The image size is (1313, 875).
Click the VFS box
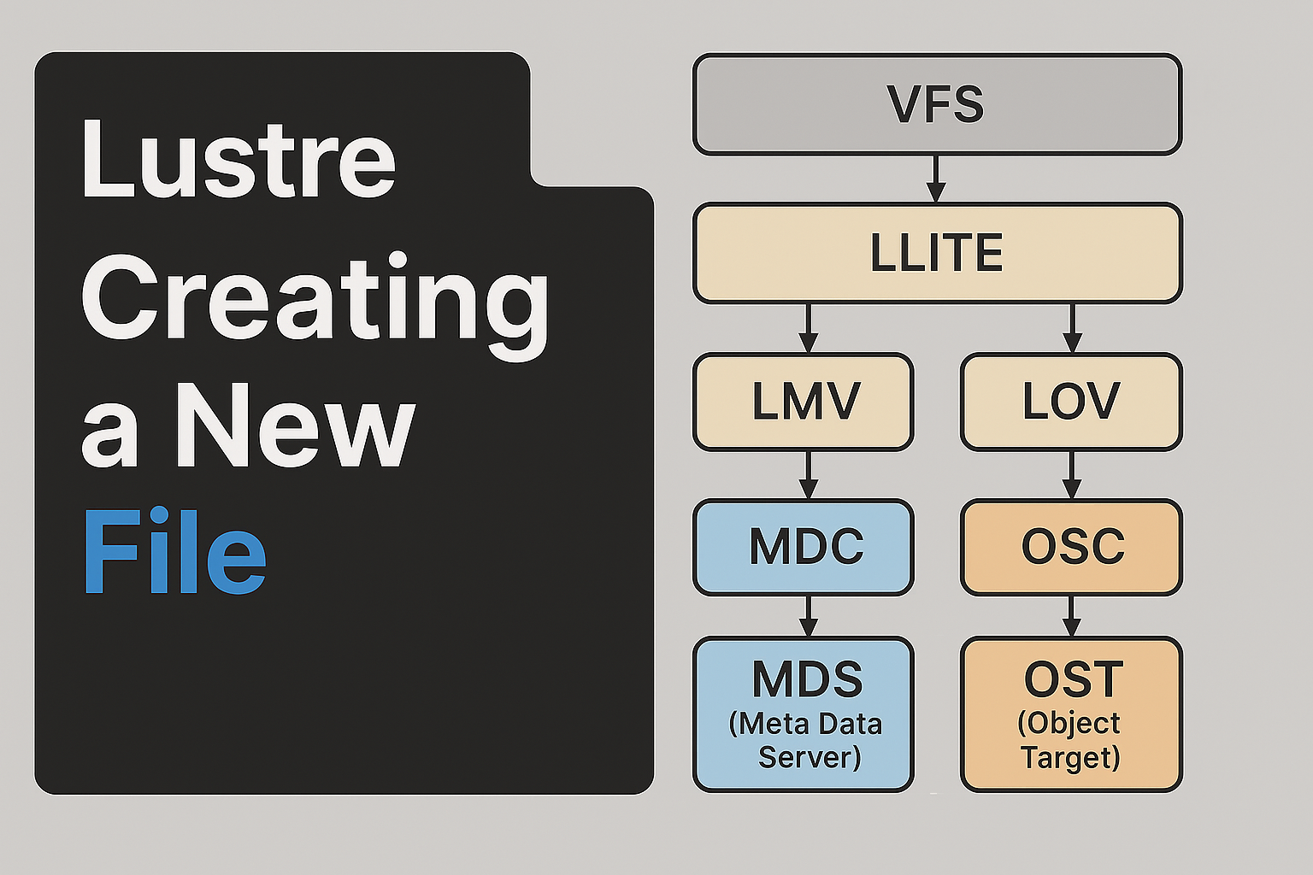937,104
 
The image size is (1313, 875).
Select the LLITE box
937,253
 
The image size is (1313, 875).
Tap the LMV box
804,402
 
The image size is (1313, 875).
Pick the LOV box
1071,402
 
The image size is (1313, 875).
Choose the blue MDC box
804,548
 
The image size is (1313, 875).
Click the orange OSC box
1071,548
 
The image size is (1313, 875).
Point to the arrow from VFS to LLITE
936,179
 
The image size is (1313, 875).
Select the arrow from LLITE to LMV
809,329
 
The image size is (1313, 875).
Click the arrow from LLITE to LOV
1072,329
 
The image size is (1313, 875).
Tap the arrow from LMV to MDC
809,475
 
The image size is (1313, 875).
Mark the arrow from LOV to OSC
1072,475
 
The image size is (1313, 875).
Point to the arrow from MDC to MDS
809,617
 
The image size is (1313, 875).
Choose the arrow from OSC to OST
1072,617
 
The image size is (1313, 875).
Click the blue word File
175,551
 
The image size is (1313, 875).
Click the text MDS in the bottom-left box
808,679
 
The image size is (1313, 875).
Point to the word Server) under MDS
810,757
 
